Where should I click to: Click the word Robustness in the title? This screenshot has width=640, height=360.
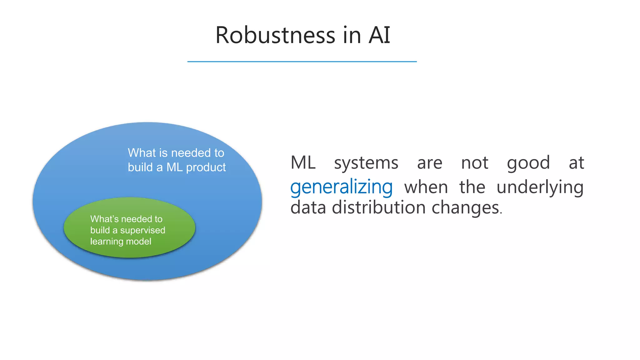click(275, 35)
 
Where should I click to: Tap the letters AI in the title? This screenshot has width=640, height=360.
click(379, 35)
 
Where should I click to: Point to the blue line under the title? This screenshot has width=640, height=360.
click(302, 62)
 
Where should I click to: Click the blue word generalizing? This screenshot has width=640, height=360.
click(341, 187)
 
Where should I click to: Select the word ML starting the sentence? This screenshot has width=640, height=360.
click(303, 163)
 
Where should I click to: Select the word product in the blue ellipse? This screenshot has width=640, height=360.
click(206, 168)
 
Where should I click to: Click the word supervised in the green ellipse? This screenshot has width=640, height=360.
click(142, 230)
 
